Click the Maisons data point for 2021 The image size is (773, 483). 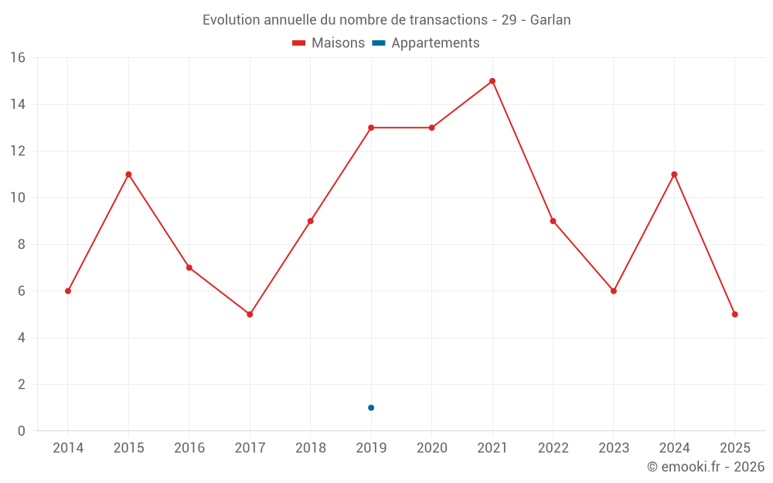492,81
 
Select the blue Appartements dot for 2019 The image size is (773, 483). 371,407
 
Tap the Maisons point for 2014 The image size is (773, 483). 68,291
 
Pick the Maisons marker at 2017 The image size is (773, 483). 250,315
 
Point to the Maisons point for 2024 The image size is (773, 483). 674,175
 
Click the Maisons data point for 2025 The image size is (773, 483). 734,315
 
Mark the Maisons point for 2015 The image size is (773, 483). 128,175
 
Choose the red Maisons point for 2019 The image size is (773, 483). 371,128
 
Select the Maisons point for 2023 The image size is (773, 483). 614,291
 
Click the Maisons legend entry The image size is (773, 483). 329,43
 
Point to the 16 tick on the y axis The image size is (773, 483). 17,58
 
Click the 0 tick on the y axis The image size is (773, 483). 21,431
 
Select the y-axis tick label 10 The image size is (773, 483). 17,198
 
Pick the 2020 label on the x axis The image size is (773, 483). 431,448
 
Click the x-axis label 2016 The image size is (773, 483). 189,448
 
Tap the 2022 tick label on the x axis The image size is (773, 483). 553,448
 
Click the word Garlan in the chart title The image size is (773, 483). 550,20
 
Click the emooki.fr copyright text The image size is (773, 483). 706,467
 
